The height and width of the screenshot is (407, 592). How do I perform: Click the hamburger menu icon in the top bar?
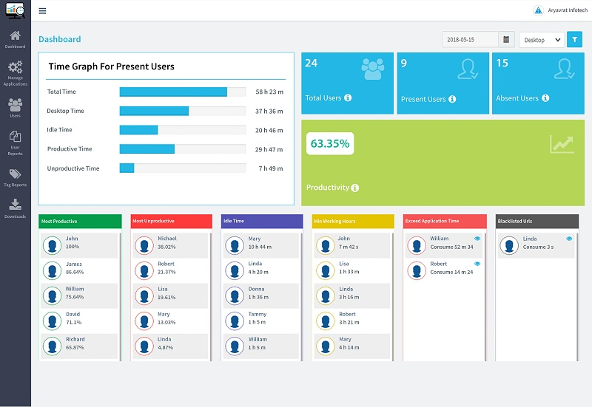42,11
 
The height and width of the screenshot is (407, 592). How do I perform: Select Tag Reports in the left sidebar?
15,177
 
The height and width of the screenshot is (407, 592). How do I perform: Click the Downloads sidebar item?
15,208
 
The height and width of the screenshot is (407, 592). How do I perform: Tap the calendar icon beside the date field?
506,40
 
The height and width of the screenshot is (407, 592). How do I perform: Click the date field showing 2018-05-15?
470,40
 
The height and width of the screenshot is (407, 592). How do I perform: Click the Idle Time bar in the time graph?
139,130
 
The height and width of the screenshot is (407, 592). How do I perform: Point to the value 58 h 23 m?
269,92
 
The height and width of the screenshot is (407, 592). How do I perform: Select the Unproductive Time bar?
127,168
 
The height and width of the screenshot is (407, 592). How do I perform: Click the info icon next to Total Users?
348,98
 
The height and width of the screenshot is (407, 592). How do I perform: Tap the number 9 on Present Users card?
404,64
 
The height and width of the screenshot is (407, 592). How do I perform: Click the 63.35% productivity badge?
329,144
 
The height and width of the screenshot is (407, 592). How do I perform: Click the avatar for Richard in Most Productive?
52,346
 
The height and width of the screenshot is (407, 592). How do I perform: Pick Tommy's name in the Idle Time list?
257,314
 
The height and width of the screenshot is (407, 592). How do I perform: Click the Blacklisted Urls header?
536,222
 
